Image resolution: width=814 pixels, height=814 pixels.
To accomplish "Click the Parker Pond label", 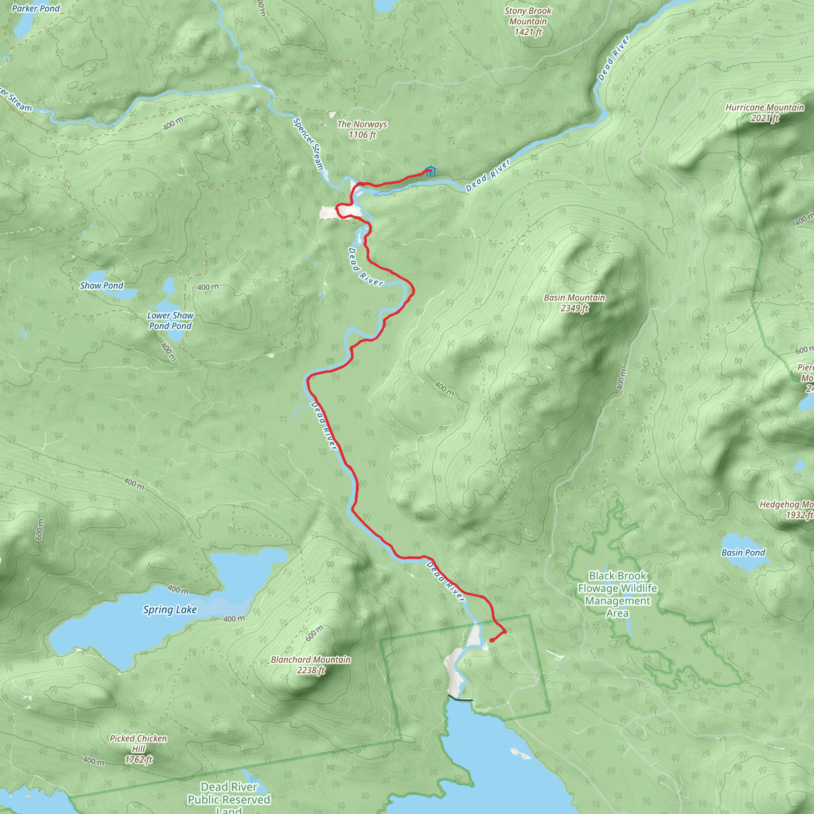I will point(36,8).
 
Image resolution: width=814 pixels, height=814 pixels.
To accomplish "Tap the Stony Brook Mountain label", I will point(528,21).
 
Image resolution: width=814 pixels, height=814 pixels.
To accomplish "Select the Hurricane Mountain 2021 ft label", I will point(765,112).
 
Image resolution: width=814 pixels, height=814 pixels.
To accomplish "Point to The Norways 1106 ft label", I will point(362,129).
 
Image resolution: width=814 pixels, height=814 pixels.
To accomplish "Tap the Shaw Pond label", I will point(101,286).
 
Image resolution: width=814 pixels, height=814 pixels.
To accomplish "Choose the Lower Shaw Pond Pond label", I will point(170,321).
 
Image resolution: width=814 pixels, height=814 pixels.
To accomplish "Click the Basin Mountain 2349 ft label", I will point(574,303).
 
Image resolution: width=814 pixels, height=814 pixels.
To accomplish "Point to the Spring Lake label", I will point(170,610).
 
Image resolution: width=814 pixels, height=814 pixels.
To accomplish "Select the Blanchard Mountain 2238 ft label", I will point(310,665).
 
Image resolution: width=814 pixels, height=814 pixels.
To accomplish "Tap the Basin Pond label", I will point(743,552).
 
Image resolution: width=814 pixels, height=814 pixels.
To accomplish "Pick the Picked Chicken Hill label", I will point(138,749).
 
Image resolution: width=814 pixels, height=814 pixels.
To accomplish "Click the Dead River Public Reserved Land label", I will point(229,799).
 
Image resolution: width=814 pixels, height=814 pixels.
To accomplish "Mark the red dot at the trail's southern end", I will point(492,641).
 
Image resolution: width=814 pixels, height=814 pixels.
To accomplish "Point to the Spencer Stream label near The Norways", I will point(308,143).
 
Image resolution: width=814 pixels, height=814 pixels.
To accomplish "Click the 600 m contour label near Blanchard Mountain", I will point(314,633).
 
